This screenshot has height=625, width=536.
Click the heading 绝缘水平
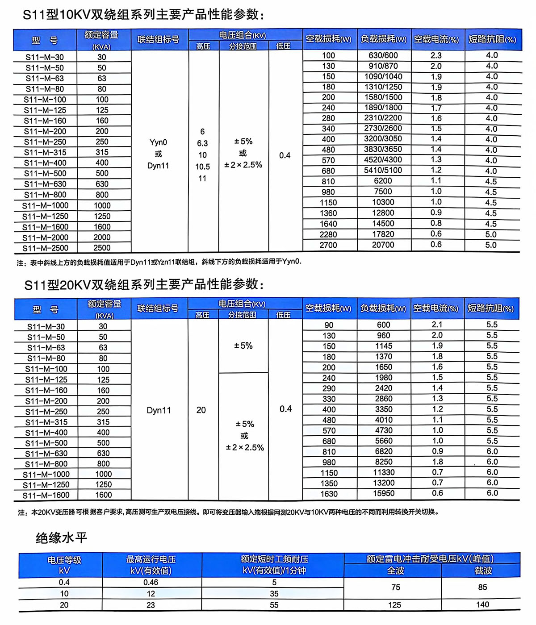click(x=61, y=538)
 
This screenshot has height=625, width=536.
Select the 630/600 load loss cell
click(x=383, y=55)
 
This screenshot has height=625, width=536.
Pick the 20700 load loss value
click(x=383, y=245)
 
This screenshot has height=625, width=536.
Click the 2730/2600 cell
click(x=383, y=128)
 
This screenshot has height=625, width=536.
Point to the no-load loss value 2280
click(x=328, y=234)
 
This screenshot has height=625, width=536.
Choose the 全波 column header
click(x=395, y=571)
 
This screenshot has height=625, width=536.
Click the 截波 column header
click(x=483, y=571)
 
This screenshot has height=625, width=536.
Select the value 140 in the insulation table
click(x=482, y=604)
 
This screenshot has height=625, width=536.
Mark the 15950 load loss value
click(x=384, y=493)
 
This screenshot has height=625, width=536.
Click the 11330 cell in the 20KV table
click(x=384, y=472)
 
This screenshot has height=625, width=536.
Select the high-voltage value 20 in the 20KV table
click(x=201, y=410)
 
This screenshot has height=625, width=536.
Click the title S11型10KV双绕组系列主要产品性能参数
click(x=143, y=15)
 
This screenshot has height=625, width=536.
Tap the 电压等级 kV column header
click(x=64, y=565)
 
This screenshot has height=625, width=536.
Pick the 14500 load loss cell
click(x=383, y=224)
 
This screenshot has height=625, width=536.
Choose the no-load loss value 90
click(x=329, y=325)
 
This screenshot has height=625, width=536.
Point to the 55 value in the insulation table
click(x=274, y=605)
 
